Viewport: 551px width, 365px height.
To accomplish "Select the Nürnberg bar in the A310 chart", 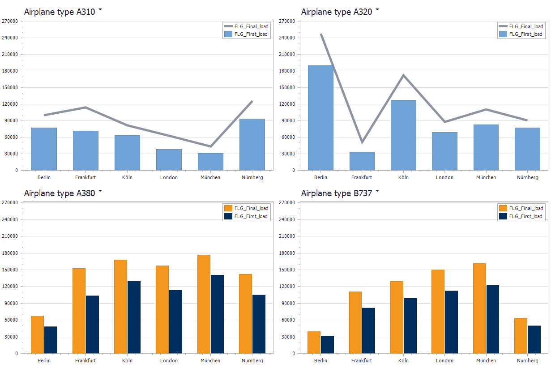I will [252, 144].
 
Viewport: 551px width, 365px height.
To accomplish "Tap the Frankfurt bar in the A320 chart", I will [362, 161].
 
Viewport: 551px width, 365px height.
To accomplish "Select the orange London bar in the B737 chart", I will [438, 311].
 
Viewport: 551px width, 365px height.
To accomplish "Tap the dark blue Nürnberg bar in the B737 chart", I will [534, 339].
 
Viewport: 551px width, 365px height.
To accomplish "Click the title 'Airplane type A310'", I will [60, 12].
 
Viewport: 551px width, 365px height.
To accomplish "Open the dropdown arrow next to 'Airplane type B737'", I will [377, 191].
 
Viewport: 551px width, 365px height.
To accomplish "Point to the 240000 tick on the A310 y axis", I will [10, 38].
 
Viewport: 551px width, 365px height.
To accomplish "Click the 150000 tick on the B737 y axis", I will [287, 270].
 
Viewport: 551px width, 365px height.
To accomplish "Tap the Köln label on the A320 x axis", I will [403, 177].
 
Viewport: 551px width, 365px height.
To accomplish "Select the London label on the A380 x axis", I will [169, 361].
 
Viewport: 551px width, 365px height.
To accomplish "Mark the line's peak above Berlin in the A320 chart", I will [321, 34].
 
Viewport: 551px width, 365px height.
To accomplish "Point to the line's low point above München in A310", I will [211, 146].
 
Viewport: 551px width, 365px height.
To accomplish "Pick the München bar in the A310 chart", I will [210, 162].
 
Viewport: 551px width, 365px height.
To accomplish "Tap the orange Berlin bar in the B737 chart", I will [314, 342].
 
